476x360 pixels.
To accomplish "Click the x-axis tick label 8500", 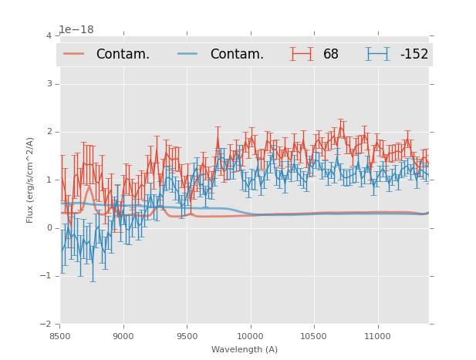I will tap(60, 336).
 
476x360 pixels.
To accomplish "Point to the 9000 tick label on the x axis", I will tap(123, 336).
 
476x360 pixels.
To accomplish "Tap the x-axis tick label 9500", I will tap(187, 336).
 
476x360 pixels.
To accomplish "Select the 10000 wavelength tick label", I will tap(250, 336).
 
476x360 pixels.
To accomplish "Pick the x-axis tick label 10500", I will tap(313, 336).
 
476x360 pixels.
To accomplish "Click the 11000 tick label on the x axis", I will tap(377, 336).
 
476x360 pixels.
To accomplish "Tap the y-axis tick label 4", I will tap(49, 36).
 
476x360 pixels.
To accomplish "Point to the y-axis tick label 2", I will tap(49, 132).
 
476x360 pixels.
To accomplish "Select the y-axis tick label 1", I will tap(49, 180).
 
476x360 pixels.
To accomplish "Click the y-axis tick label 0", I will tap(49, 228).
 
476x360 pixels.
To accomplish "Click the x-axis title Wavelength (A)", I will tap(245, 350).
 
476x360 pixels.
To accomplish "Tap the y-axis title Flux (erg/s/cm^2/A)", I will tap(31, 180).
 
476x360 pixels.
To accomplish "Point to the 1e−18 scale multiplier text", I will tap(76, 30).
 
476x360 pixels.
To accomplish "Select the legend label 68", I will tap(331, 55).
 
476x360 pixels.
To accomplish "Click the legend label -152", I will tap(414, 55).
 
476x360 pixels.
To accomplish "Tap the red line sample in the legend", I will tap(74, 54).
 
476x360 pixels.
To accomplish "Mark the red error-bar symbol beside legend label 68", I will tap(302, 54).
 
